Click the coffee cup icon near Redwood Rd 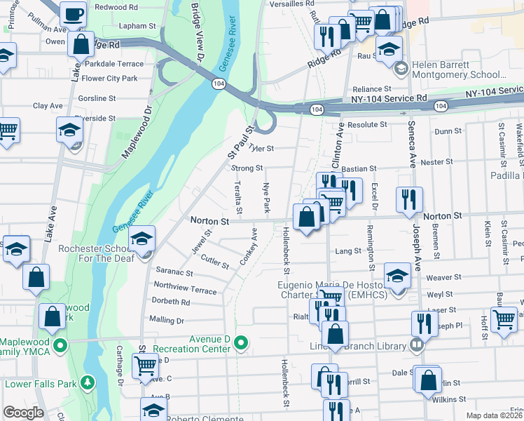coord(73,13)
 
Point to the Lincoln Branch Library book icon coord(417,345)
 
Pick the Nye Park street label coord(266,199)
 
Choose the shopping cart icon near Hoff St coord(504,319)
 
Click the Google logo coord(23,413)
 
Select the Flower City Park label coord(109,79)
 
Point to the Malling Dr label coord(166,320)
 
